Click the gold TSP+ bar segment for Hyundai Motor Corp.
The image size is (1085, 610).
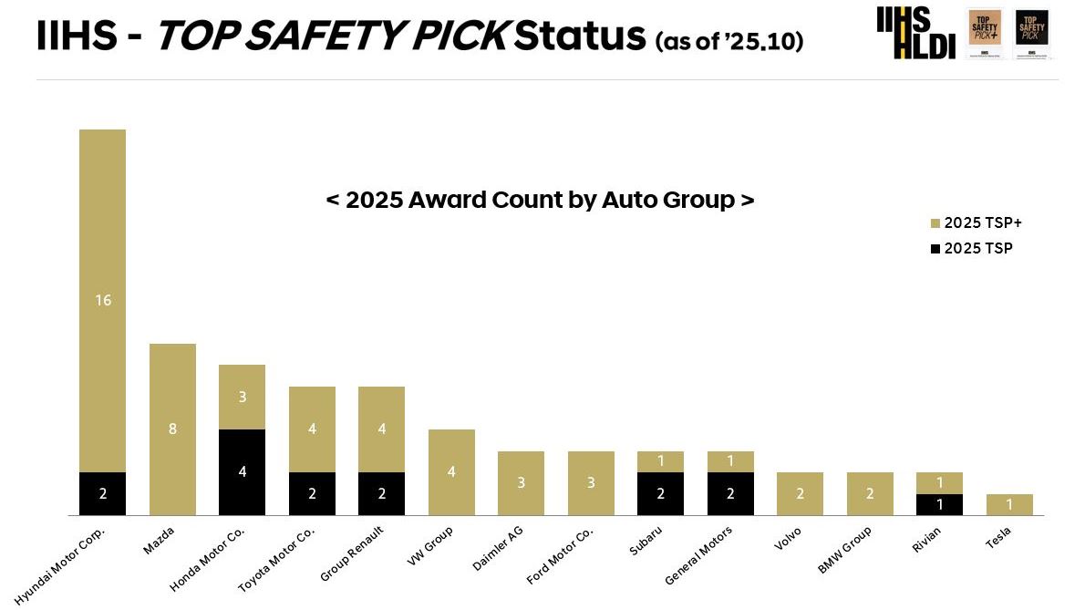coord(102,300)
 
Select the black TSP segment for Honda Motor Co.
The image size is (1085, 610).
coord(242,471)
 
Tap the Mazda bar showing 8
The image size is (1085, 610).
coord(172,429)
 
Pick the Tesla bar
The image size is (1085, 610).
coord(1009,504)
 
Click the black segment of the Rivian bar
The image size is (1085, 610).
coord(939,504)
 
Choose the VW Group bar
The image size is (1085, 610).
coord(451,471)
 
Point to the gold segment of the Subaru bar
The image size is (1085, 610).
coord(660,461)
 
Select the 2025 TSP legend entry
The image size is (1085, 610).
coord(971,248)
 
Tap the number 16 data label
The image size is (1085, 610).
coord(103,300)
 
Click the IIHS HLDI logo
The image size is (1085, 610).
coord(915,34)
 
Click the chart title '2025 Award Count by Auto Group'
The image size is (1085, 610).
coord(540,200)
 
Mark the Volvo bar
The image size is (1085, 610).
coord(800,493)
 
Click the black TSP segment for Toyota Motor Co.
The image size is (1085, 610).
coord(312,493)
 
